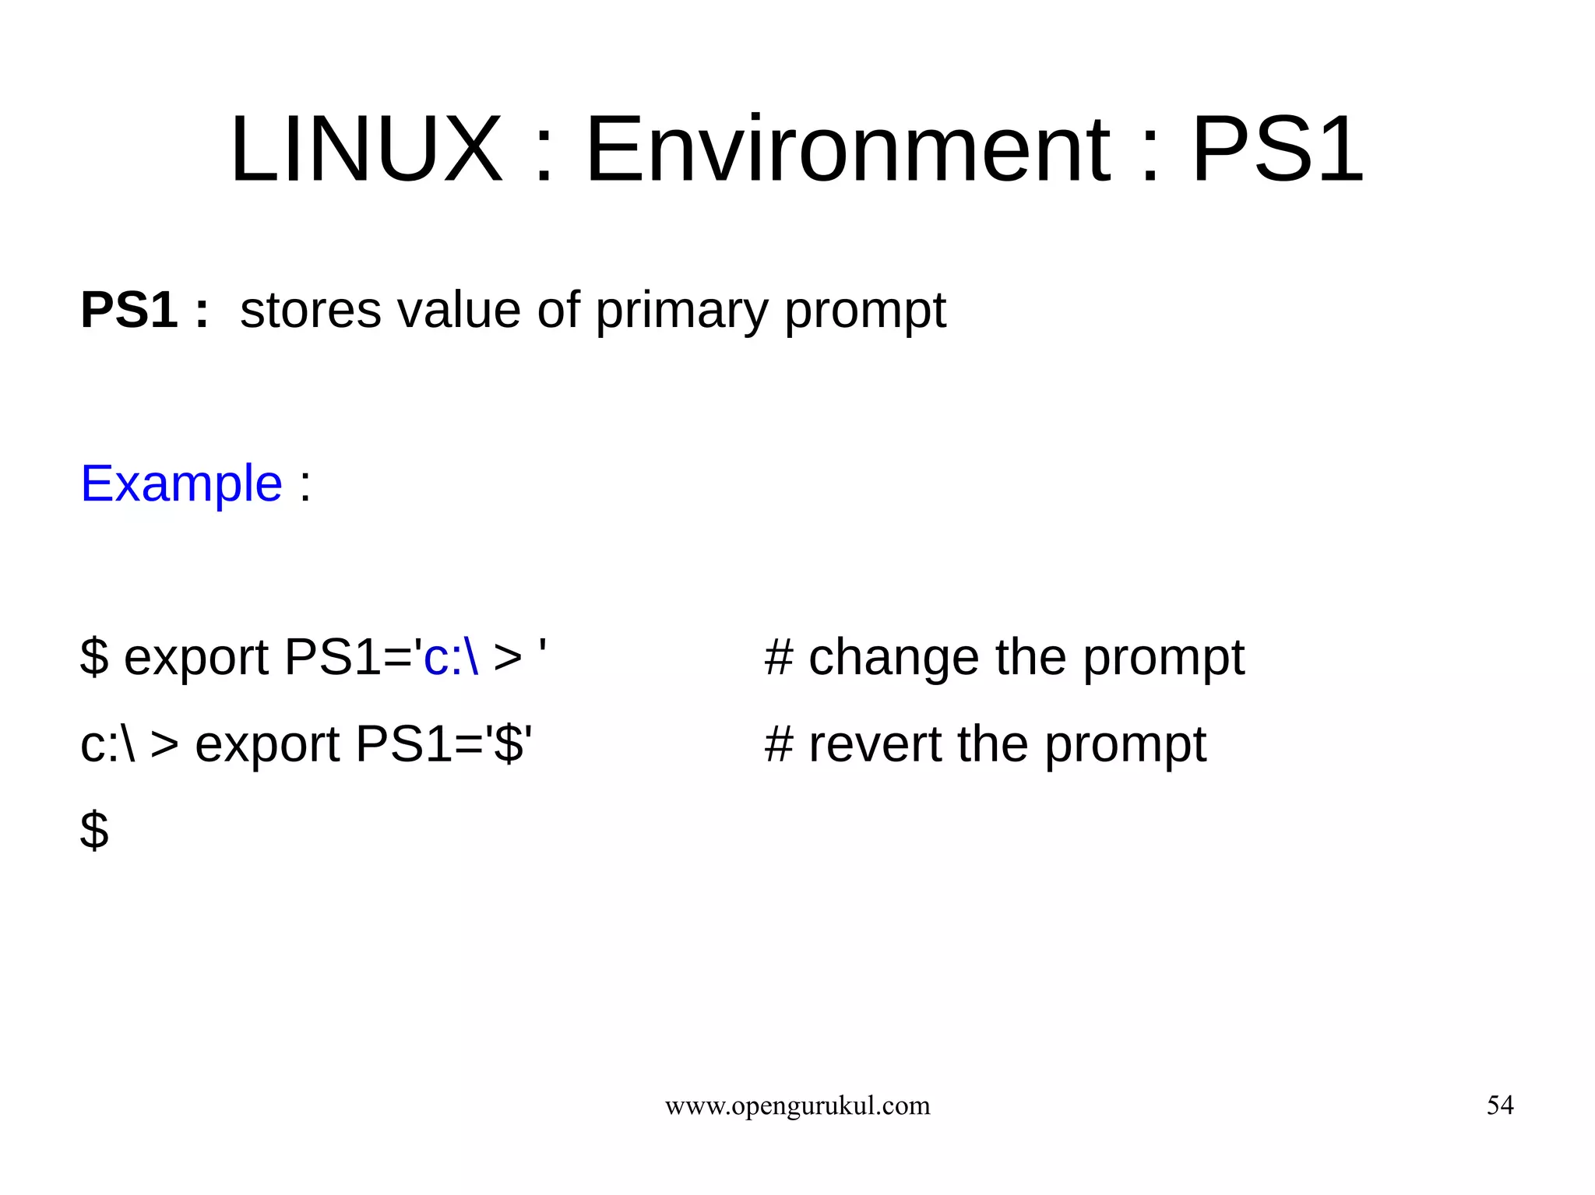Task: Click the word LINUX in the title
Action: (366, 149)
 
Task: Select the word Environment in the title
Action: (847, 149)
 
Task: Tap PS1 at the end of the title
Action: (1277, 149)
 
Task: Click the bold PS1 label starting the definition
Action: (129, 310)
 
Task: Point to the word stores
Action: (311, 310)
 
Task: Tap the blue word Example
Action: (181, 483)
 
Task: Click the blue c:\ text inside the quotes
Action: (451, 657)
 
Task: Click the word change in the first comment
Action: (893, 657)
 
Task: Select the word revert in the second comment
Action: (875, 743)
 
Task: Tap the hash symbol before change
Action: (779, 657)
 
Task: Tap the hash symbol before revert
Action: (779, 743)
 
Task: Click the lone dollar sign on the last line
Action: (94, 830)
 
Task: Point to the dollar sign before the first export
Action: (94, 657)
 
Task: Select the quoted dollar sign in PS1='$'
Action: (509, 743)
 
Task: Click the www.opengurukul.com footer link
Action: (797, 1105)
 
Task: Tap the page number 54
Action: (1500, 1105)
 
